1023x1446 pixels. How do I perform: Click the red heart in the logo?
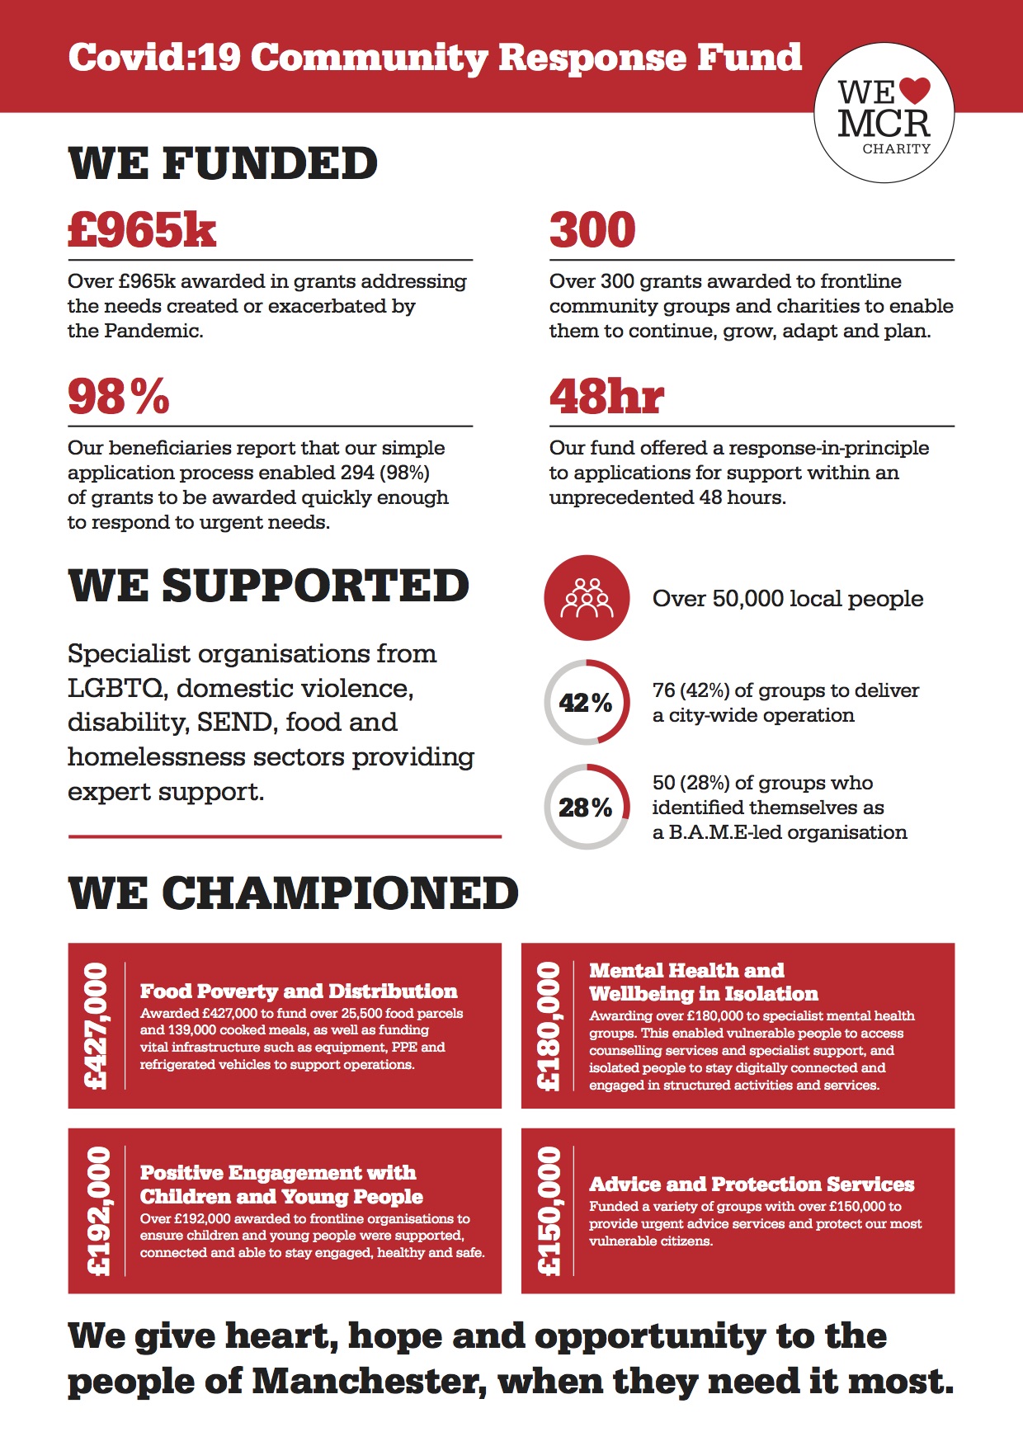click(x=913, y=89)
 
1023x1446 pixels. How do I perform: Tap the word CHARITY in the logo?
click(x=896, y=149)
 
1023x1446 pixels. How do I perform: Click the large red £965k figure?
click(x=142, y=229)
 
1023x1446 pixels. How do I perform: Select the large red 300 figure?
click(x=592, y=229)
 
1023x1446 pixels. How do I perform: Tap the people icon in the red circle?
click(x=587, y=598)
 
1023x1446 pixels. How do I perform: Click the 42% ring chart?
click(x=587, y=703)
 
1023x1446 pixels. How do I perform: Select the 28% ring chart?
click(x=587, y=807)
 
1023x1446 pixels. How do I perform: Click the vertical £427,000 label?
click(x=97, y=1025)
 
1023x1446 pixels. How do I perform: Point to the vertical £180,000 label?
click(x=549, y=1025)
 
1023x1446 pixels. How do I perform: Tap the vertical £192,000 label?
click(x=97, y=1211)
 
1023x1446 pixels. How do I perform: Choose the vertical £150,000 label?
click(x=549, y=1211)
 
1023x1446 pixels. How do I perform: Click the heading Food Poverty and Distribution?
click(x=298, y=991)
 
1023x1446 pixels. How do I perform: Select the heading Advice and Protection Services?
click(x=751, y=1184)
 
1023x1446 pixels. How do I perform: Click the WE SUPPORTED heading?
click(x=268, y=586)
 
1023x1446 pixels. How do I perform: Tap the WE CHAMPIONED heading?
click(x=293, y=893)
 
